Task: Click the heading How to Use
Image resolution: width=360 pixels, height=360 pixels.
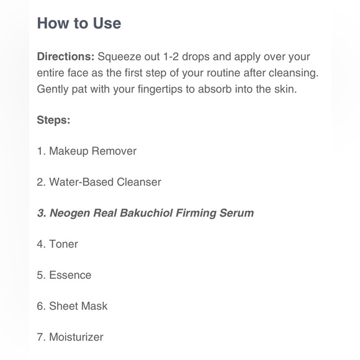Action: pyautogui.click(x=79, y=23)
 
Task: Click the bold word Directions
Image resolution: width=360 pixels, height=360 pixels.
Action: pyautogui.click(x=66, y=56)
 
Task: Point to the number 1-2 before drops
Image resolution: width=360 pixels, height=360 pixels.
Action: pyautogui.click(x=171, y=56)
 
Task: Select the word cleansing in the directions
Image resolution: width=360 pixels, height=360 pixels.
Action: pyautogui.click(x=294, y=73)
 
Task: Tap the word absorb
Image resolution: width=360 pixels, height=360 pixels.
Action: pyautogui.click(x=215, y=89)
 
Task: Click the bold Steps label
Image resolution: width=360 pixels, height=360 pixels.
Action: pyautogui.click(x=53, y=120)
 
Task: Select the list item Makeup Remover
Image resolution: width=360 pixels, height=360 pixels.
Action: pyautogui.click(x=87, y=151)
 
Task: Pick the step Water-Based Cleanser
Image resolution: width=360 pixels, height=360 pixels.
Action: pyautogui.click(x=99, y=182)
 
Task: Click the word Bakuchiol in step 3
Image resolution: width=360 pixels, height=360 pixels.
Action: pyautogui.click(x=146, y=213)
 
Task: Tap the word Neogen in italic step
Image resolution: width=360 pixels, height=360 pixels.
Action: pyautogui.click(x=70, y=214)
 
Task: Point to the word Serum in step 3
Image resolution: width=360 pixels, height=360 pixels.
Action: pyautogui.click(x=236, y=213)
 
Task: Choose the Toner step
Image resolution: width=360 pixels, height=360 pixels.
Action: pyautogui.click(x=57, y=244)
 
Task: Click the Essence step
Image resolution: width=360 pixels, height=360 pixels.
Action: pyautogui.click(x=64, y=275)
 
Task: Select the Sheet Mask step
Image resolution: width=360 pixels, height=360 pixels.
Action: pyautogui.click(x=72, y=306)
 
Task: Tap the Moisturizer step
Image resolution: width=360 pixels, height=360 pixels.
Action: pyautogui.click(x=70, y=337)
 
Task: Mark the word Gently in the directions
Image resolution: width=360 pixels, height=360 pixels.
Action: pyautogui.click(x=53, y=89)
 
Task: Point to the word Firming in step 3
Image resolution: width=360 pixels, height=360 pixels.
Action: pyautogui.click(x=196, y=214)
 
